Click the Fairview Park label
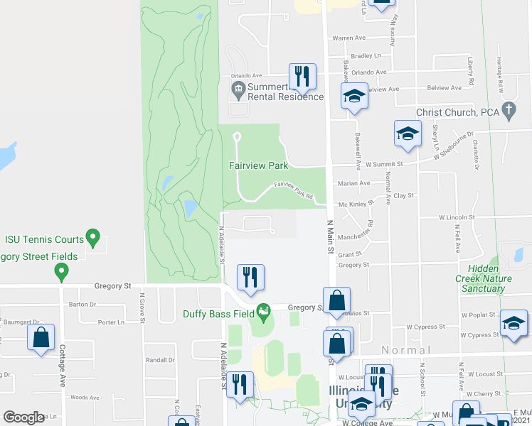coord(258,165)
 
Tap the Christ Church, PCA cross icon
coord(508,109)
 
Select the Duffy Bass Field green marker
coord(264,310)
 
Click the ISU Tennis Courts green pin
coord(92,237)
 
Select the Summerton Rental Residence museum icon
coord(238,88)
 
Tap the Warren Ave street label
coord(349,38)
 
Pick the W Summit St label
coord(384,164)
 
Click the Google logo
coord(23,417)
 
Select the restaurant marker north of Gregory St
coord(250,277)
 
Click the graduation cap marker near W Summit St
coord(408,133)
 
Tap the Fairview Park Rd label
coord(294,190)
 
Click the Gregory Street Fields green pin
coord(62,271)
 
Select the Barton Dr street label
coord(83,305)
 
